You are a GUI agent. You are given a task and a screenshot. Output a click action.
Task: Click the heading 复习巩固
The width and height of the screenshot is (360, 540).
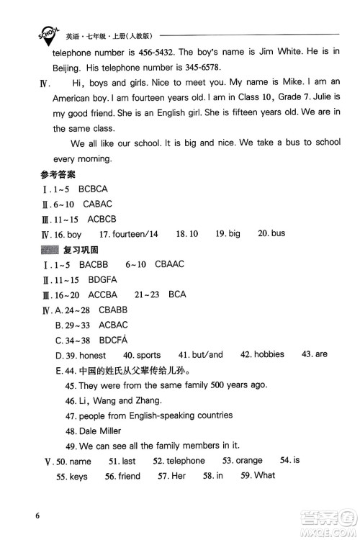79,249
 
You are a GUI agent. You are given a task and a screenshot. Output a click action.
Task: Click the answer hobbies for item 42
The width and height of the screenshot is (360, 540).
268,354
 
